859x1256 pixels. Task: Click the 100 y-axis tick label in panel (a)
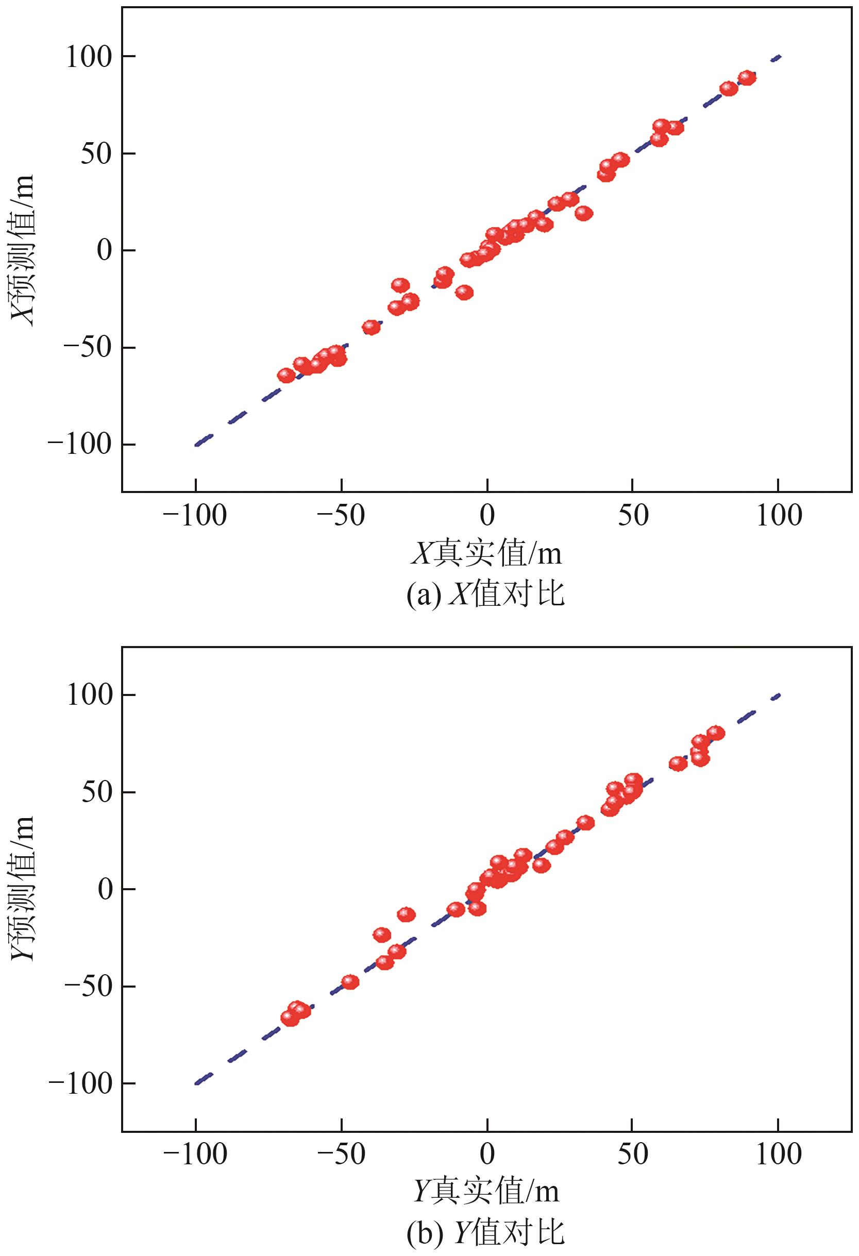click(x=88, y=57)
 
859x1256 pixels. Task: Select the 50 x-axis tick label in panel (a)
click(x=632, y=516)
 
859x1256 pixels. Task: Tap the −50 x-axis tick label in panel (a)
click(x=341, y=516)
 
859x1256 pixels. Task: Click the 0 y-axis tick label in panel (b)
click(x=105, y=889)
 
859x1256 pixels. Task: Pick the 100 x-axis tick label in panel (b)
click(x=779, y=1155)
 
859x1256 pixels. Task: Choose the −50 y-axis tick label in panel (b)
click(x=88, y=987)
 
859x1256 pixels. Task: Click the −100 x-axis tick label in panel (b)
click(x=195, y=1155)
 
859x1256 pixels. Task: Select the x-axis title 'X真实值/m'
click(x=486, y=554)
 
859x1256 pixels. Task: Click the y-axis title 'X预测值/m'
click(x=23, y=250)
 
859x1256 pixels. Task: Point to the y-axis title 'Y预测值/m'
click(x=23, y=889)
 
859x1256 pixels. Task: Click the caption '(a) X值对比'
click(x=485, y=595)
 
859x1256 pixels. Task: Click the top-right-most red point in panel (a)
click(x=747, y=78)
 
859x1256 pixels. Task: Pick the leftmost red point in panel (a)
click(x=286, y=375)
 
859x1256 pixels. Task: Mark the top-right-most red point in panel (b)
click(x=716, y=733)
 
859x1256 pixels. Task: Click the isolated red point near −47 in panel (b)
click(x=350, y=981)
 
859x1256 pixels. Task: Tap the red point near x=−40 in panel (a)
click(x=372, y=327)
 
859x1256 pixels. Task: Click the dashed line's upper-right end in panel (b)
click(x=779, y=695)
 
